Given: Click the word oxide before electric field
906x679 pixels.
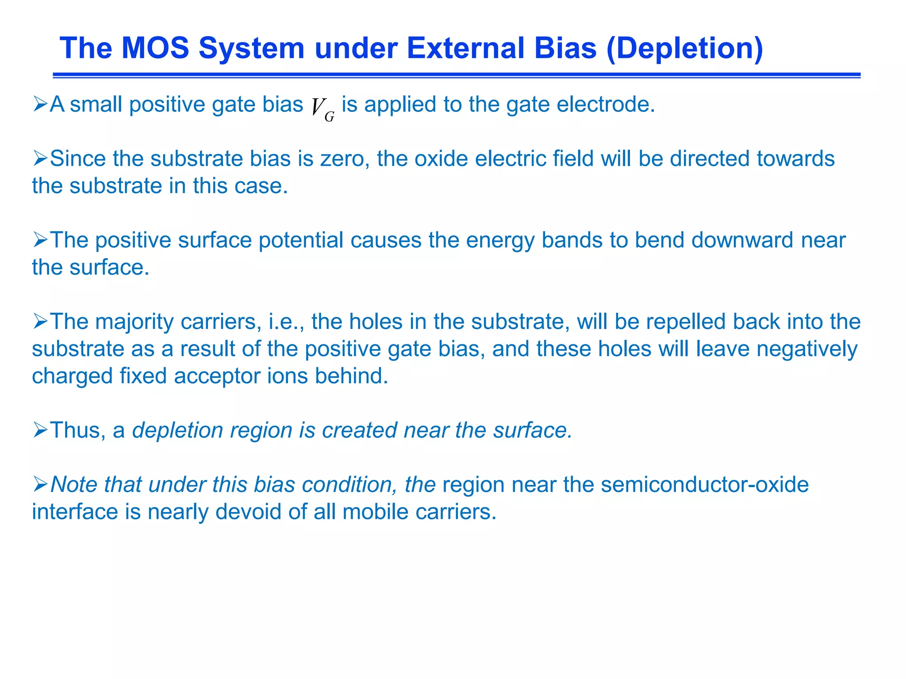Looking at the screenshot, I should click(x=441, y=159).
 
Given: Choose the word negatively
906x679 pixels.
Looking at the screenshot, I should click(x=807, y=349).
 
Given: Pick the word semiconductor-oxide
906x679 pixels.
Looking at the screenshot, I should click(x=705, y=484).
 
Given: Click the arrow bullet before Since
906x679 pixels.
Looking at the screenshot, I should click(x=41, y=159).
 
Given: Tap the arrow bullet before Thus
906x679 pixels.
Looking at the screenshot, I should click(x=41, y=431).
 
